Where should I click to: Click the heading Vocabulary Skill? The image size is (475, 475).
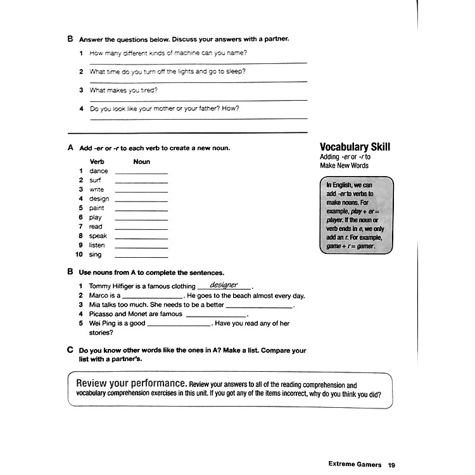[355, 147]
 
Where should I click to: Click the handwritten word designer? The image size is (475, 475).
[224, 285]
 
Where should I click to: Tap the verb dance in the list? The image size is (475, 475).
[99, 171]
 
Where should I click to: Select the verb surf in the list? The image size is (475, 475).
[96, 180]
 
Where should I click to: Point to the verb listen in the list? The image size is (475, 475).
[97, 245]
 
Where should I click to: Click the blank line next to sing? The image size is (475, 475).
[141, 256]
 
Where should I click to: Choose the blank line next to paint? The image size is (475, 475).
[141, 209]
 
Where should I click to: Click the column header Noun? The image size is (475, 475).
[142, 161]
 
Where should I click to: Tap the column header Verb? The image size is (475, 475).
[97, 161]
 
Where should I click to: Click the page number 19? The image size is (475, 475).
[392, 446]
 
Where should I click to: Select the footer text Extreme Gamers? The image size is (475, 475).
[355, 446]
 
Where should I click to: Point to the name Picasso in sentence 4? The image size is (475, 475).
[101, 314]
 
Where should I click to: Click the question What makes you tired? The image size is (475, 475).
[123, 90]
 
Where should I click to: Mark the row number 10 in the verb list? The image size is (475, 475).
[79, 255]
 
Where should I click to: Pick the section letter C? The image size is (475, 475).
[70, 350]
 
